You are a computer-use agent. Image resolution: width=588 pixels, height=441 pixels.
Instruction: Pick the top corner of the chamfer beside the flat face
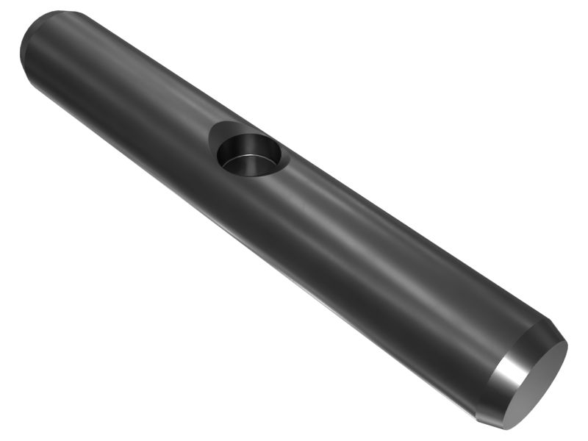point(548,323)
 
